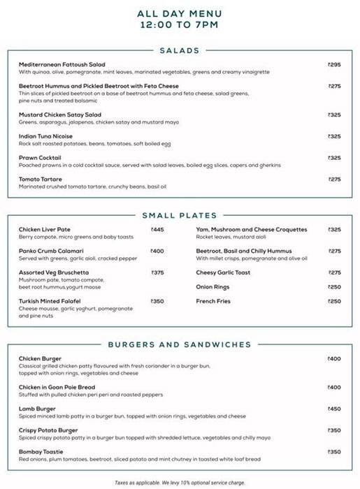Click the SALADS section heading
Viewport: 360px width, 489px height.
180,50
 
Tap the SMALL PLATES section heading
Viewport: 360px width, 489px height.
180,215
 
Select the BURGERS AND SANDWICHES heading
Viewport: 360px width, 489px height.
180,344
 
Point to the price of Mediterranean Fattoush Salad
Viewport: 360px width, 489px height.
334,64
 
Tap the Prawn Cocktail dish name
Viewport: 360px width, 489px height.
40,158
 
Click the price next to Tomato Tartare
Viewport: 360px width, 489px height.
334,180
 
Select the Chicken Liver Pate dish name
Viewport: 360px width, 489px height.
45,229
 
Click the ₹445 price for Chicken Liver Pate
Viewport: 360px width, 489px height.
157,229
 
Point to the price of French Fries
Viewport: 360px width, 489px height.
334,301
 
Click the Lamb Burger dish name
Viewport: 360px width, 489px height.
38,409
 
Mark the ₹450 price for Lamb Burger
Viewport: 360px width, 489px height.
334,409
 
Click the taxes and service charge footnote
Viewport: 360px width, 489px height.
180,482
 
